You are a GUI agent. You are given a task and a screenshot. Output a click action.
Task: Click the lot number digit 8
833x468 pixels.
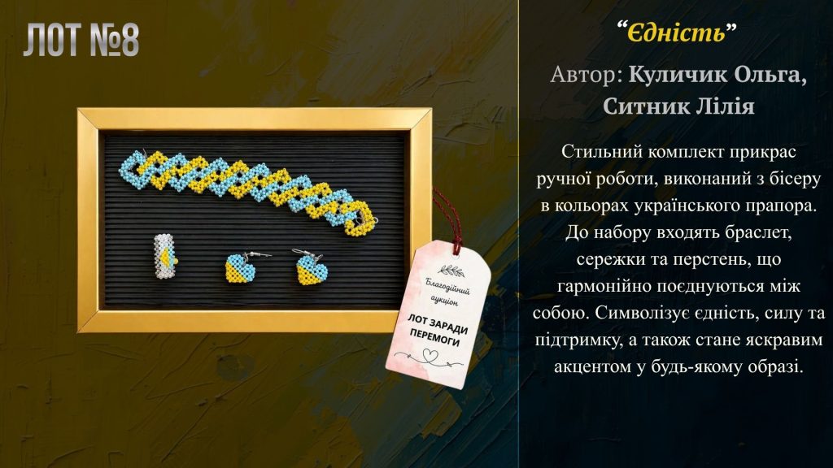click(x=128, y=40)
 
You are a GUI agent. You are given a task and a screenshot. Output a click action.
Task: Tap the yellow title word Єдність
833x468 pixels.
click(x=676, y=32)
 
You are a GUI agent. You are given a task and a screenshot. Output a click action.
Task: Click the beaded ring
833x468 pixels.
click(x=165, y=256)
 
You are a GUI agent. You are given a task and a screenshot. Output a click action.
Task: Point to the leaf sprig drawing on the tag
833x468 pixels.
click(x=452, y=271)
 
